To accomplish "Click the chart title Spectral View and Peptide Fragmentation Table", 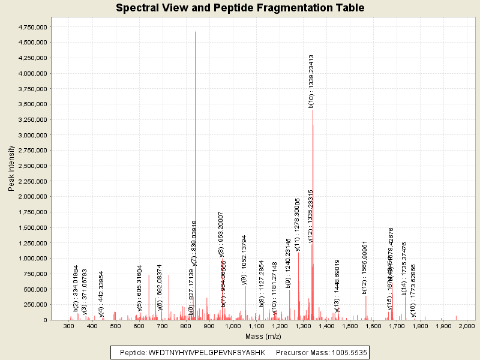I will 240,8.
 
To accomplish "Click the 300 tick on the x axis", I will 69,326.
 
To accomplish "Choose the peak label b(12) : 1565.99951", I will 364,268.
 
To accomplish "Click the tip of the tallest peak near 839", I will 195,31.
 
